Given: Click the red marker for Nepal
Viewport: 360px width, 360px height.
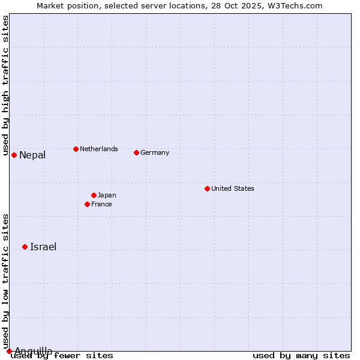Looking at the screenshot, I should (14, 155).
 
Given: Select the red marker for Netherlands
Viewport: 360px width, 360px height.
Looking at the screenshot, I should (76, 149).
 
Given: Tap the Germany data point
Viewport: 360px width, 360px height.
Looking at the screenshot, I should (136, 152).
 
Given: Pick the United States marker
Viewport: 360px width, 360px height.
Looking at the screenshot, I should (207, 188).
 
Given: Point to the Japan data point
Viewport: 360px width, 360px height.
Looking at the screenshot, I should (94, 195).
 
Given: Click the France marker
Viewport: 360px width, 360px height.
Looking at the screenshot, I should (87, 204).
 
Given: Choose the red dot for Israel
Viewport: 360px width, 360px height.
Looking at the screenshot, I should (25, 247).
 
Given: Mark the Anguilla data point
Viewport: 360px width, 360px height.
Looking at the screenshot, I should (9, 351).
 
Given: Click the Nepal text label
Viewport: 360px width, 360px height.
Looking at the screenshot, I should (32, 155).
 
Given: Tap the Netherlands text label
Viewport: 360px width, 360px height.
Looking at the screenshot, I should (99, 149).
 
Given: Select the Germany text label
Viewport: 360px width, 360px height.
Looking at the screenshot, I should (155, 152).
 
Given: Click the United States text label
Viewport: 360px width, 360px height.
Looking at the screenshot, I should (233, 188).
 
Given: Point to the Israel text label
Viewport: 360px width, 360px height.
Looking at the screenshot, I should (43, 247).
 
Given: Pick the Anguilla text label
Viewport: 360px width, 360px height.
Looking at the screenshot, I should (34, 351).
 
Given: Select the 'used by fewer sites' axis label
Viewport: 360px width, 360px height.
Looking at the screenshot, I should (62, 356).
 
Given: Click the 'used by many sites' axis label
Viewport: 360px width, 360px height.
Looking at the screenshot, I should (301, 356).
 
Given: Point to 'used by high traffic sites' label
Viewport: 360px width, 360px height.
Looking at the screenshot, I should (5, 86).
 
